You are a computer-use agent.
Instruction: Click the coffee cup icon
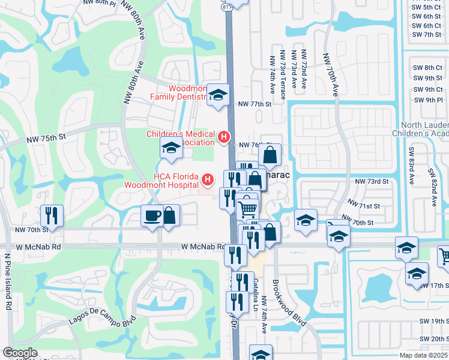click(151, 215)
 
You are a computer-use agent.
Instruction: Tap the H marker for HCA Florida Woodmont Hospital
click(208, 179)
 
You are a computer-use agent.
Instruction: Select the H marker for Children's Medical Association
click(224, 137)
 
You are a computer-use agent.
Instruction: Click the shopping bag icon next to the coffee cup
click(170, 215)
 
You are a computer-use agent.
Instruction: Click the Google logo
click(20, 353)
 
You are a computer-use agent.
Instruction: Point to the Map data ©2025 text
click(421, 355)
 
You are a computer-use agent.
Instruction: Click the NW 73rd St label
click(372, 181)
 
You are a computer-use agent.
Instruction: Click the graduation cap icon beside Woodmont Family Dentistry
click(218, 95)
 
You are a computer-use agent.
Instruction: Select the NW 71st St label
click(369, 206)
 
